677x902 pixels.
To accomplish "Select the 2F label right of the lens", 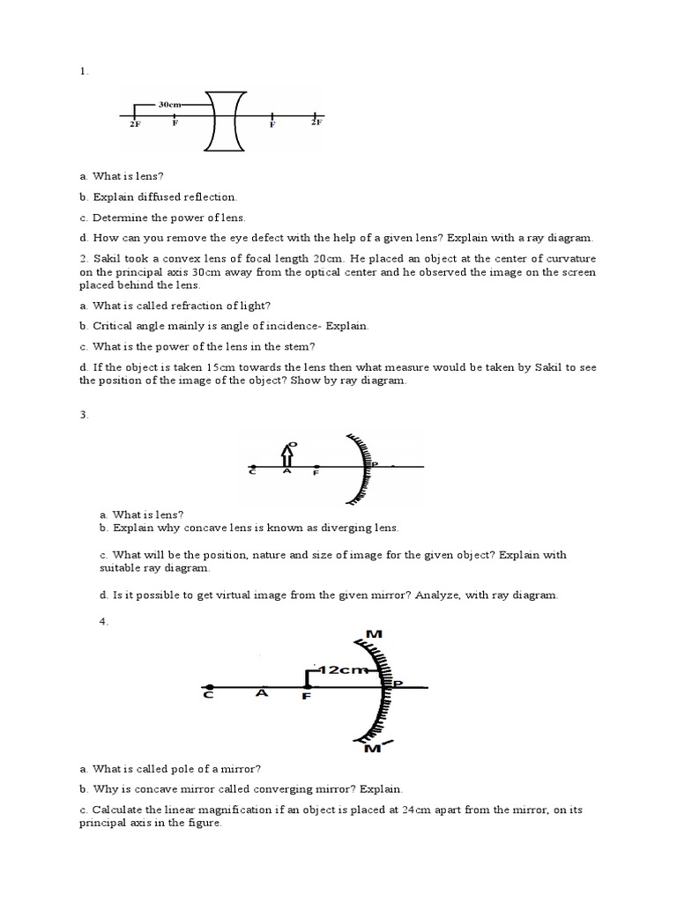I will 316,124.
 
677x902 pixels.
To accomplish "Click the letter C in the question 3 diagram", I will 252,473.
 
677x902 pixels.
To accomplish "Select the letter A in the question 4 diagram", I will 261,693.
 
